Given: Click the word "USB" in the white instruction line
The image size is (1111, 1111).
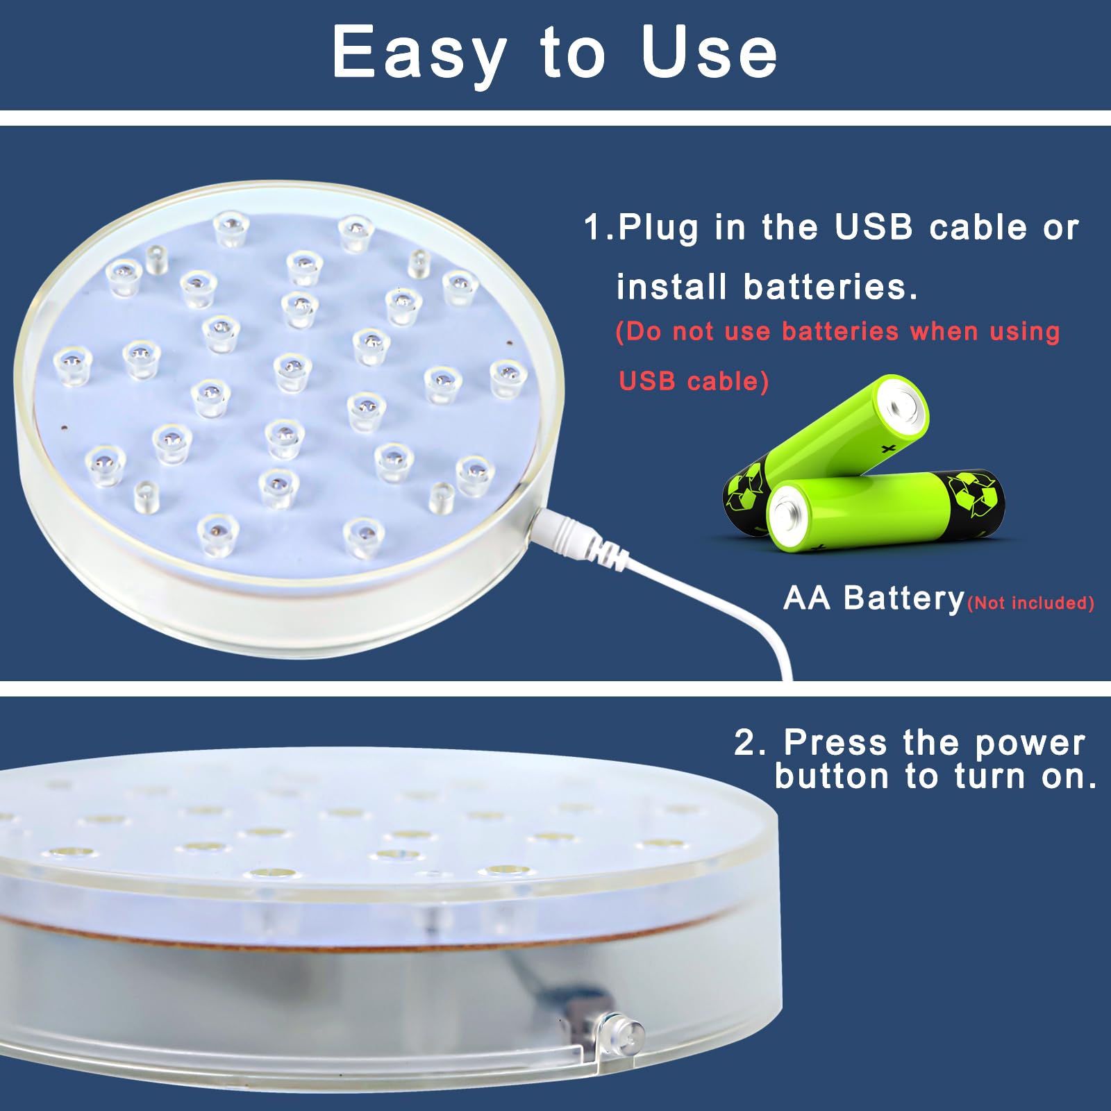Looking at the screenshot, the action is pos(874,227).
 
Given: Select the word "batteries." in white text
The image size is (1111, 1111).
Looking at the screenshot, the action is pos(830,287).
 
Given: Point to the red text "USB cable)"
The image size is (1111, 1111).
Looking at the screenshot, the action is pos(693,381).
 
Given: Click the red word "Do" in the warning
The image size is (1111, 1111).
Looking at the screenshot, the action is pos(639,332).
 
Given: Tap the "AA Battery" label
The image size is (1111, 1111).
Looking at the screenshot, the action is pos(874,598).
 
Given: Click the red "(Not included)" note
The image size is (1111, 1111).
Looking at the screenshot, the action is pos(1030,603).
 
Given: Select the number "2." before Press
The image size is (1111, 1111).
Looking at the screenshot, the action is pos(750,742).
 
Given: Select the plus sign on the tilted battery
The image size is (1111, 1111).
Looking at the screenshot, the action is pos(887,449).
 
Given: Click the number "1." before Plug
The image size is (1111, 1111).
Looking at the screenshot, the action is pos(599,227).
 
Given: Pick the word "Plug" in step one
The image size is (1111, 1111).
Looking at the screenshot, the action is pos(658,228).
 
